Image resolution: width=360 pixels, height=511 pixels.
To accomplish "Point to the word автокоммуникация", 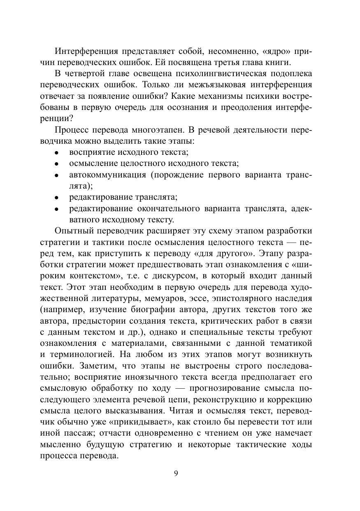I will coord(107,175).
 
